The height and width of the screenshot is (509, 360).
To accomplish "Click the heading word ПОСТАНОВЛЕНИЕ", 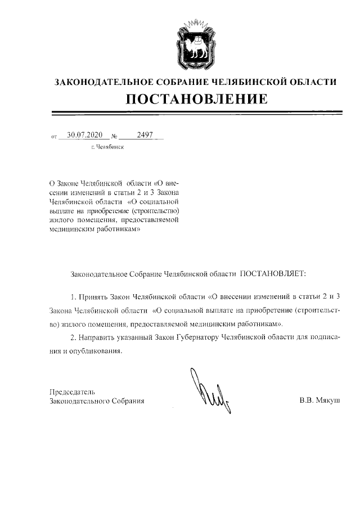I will pyautogui.click(x=195, y=100).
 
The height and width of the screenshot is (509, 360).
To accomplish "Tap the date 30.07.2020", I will pyautogui.click(x=84, y=135).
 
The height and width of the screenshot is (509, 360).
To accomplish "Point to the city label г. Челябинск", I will pyautogui.click(x=107, y=147).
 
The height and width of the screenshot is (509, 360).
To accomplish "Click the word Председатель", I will pyautogui.click(x=72, y=391).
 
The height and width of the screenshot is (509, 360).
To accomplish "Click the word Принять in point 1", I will pyautogui.click(x=94, y=295).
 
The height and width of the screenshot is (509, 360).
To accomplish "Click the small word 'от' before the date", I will pyautogui.click(x=54, y=137).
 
